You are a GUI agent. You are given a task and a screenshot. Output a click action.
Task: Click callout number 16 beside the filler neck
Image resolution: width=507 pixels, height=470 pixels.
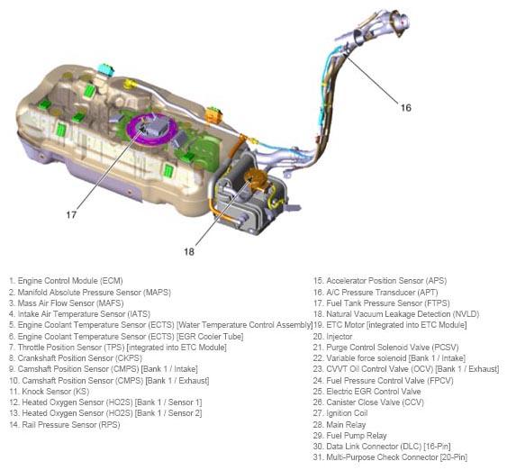click(406, 107)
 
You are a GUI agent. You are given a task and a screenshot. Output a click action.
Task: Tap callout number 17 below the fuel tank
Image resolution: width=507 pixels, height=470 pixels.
click(71, 214)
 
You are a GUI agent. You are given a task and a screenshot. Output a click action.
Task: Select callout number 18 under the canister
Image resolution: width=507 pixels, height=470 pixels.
click(189, 251)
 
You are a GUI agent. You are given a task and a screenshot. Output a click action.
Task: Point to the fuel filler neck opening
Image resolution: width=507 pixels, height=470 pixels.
click(401, 22)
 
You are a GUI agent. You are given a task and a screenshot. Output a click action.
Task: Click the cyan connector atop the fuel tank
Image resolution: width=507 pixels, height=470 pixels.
click(105, 69)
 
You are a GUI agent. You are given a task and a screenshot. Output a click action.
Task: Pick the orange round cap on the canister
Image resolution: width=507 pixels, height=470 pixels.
click(255, 177)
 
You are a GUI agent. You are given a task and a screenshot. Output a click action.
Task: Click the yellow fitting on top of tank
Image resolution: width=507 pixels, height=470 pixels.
click(130, 85)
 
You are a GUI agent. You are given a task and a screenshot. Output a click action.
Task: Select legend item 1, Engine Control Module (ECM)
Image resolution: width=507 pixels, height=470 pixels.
click(66, 281)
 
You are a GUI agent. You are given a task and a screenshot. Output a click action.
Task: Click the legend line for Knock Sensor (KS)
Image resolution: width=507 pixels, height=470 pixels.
click(50, 392)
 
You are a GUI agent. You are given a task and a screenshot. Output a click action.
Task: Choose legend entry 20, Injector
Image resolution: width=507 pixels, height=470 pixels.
click(332, 337)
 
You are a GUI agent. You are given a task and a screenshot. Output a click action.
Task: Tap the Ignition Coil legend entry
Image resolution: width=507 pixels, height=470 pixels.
click(340, 413)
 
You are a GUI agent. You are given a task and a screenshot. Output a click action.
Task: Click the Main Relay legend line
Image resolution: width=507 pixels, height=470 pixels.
click(340, 424)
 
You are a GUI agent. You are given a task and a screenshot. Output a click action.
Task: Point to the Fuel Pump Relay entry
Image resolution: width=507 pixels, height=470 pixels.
click(349, 436)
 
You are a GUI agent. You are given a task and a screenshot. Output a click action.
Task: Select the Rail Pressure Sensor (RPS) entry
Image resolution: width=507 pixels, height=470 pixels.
click(65, 424)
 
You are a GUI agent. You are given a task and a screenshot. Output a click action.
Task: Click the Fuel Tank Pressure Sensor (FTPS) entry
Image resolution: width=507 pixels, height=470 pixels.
click(381, 303)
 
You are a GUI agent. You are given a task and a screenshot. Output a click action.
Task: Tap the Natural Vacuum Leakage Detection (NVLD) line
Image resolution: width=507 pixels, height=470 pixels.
click(396, 314)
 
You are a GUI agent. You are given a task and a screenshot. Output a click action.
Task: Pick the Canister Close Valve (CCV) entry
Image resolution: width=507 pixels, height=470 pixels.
click(368, 402)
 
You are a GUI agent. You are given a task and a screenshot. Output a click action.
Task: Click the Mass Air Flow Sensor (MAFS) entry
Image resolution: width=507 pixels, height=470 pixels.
click(67, 303)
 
